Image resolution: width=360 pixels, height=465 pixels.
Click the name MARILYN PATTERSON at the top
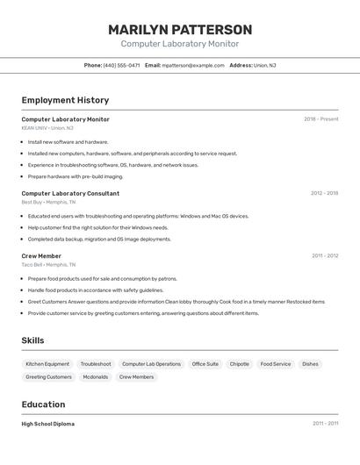pos(180,30)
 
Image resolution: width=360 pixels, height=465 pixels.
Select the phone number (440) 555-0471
pos(121,65)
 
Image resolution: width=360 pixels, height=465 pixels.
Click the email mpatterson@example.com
pos(193,65)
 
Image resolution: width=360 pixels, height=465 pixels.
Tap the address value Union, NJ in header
pos(265,65)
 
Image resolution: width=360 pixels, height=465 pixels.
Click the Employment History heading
pos(65,100)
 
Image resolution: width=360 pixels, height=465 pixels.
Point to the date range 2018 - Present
pos(320,119)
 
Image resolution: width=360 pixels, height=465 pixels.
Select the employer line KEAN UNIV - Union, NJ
pos(47,128)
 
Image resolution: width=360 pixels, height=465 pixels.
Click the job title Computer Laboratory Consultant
pos(70,193)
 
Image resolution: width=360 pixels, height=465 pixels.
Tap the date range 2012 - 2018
pos(324,193)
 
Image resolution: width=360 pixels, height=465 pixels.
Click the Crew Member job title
pos(41,256)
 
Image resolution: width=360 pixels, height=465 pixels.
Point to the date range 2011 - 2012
pos(325,256)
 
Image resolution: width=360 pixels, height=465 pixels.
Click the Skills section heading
pos(32,340)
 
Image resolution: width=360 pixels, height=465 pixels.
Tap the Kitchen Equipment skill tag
pos(47,364)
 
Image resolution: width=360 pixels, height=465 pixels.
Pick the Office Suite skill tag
pos(205,364)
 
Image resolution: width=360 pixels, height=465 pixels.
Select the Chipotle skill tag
pos(240,364)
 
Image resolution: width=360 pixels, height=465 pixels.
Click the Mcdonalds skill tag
pos(96,377)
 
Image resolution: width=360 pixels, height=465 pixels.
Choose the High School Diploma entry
pos(48,424)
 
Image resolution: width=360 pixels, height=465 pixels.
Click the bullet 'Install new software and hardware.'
pos(68,141)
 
